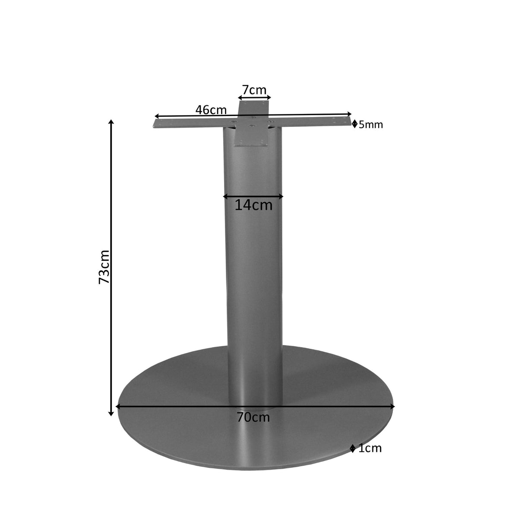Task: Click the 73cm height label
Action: [x=104, y=267]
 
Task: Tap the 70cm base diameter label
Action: [x=253, y=417]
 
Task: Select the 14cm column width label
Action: [x=253, y=205]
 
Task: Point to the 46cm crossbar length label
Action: [x=211, y=110]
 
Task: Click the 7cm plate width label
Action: [x=254, y=90]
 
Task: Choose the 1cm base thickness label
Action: [x=370, y=449]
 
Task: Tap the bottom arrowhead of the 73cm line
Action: [x=111, y=414]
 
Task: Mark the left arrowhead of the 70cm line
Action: [x=118, y=406]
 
